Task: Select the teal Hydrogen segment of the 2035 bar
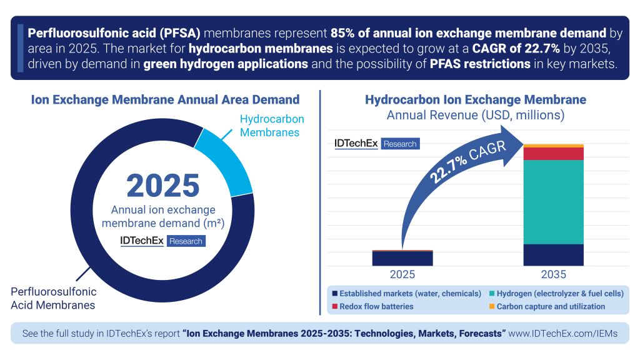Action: pyautogui.click(x=553, y=201)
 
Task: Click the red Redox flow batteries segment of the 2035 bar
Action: pyautogui.click(x=553, y=154)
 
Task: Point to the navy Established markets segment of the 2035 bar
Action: pyautogui.click(x=553, y=254)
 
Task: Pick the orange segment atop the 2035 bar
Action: pyautogui.click(x=553, y=146)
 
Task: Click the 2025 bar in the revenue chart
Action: pyautogui.click(x=402, y=258)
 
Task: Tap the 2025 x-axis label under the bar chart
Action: pyautogui.click(x=402, y=274)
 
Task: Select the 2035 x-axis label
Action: pyautogui.click(x=553, y=274)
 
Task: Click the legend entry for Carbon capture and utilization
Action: pyautogui.click(x=547, y=306)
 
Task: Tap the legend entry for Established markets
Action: pyautogui.click(x=407, y=293)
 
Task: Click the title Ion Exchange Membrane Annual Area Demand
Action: pyautogui.click(x=165, y=99)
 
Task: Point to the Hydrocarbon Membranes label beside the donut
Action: pyautogui.click(x=272, y=126)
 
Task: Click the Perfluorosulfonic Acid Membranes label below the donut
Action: pyautogui.click(x=54, y=298)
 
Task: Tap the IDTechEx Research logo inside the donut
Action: pyautogui.click(x=162, y=241)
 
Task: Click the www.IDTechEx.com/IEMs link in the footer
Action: pyautogui.click(x=563, y=334)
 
